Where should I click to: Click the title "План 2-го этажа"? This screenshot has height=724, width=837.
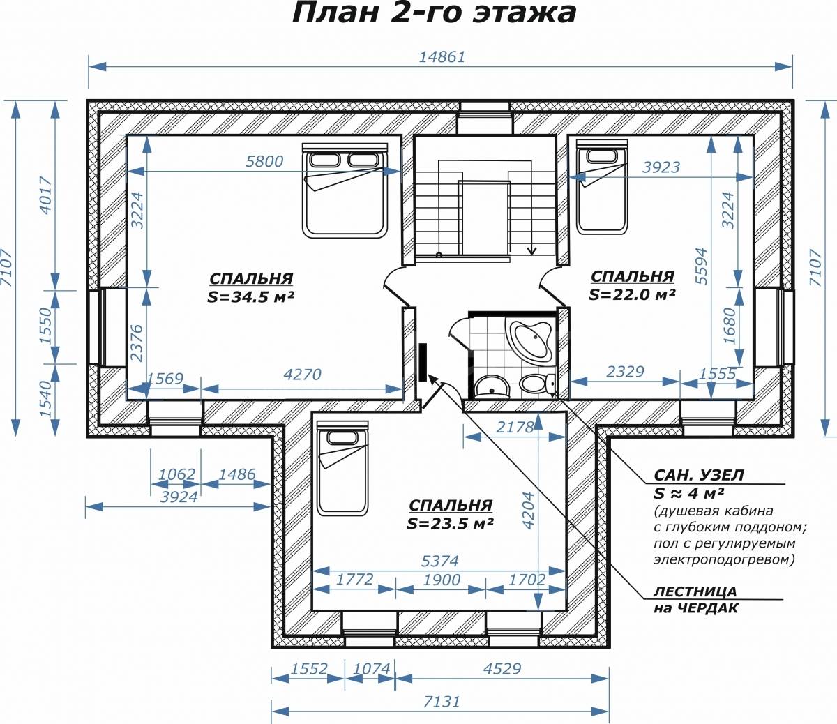coord(434,14)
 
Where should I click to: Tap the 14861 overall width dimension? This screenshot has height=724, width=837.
coord(442,57)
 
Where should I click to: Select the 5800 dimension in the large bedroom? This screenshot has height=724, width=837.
coord(264,162)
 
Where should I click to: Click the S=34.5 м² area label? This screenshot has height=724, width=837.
coord(250,297)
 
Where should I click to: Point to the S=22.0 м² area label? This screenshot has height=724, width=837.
coord(632,294)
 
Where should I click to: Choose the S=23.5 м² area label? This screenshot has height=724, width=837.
coord(450,523)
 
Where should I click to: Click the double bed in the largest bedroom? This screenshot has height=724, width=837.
coord(345,190)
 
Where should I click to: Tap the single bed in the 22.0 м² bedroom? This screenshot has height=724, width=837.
coord(602,187)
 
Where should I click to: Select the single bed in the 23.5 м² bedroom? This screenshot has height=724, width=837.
coord(342,468)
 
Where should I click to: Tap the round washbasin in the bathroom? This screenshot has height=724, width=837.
coord(492,386)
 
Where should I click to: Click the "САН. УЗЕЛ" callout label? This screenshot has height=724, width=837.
coord(698,475)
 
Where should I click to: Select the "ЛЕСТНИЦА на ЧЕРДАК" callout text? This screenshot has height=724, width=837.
coord(695,600)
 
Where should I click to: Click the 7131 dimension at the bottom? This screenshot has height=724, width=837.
coord(442,701)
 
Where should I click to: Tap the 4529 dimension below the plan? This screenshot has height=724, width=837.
coord(502,668)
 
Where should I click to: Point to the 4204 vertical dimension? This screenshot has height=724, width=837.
coord(529,510)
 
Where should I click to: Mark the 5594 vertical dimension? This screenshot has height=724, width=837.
coord(702,266)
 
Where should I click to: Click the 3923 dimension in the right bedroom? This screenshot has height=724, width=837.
coord(661,167)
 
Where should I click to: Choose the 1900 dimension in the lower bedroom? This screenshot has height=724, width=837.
coord(442,580)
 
